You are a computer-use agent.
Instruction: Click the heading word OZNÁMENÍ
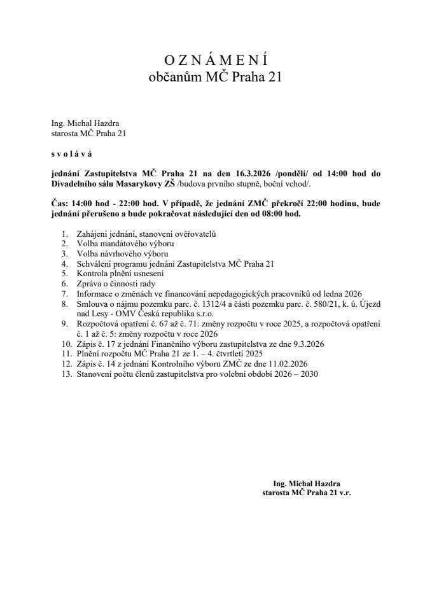[x=215, y=60]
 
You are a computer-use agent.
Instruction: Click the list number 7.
[x=64, y=293]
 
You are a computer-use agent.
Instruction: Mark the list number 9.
[x=64, y=324]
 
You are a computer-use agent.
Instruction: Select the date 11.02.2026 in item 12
[x=297, y=363]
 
